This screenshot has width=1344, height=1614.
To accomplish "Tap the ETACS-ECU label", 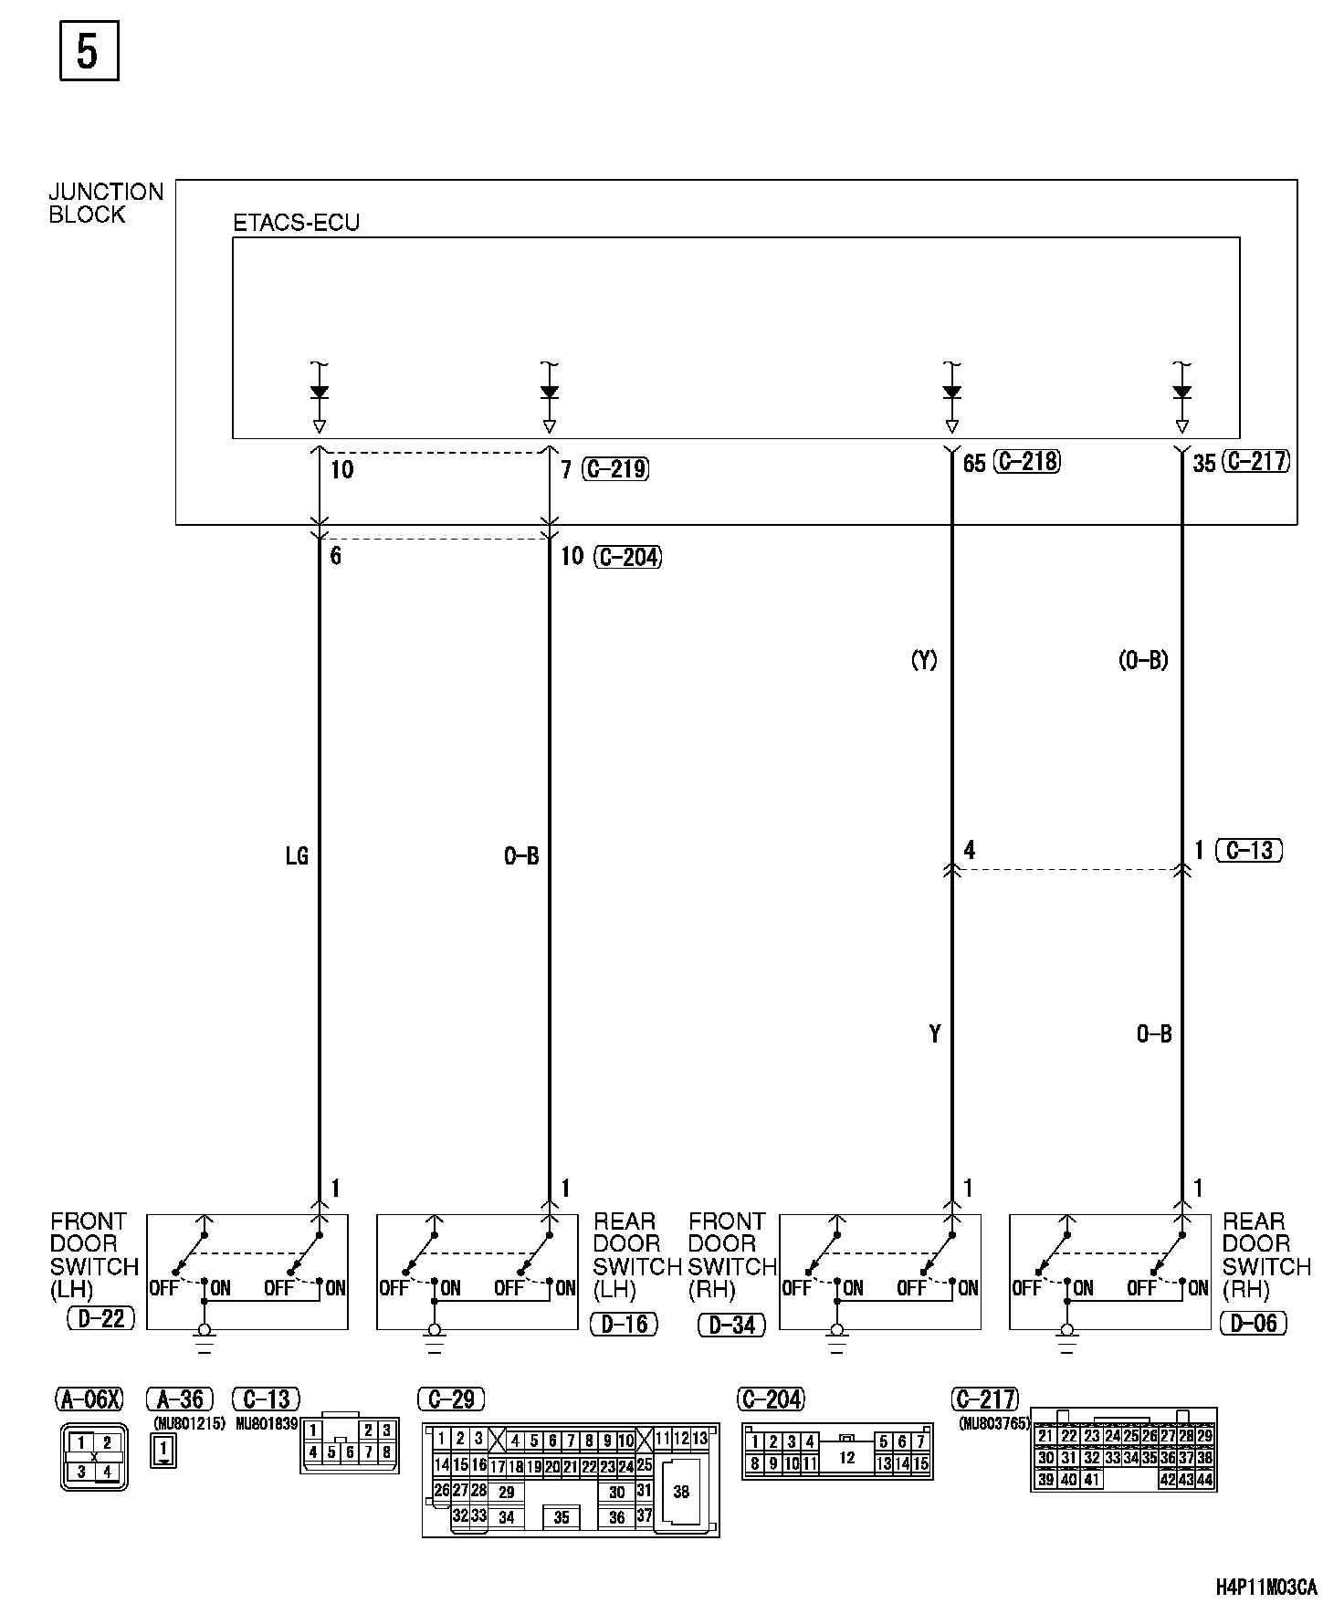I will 297,223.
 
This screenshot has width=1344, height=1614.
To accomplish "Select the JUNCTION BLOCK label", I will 106,203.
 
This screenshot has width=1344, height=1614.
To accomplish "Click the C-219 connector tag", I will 615,469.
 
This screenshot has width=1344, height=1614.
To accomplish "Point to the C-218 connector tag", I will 1029,462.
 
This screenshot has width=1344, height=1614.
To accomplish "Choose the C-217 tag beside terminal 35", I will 1257,462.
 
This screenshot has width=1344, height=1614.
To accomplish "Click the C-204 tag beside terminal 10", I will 628,556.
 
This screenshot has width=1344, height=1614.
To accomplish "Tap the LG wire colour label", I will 297,855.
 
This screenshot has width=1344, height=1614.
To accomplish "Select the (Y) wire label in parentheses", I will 924,660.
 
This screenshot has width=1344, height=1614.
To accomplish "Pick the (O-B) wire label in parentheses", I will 1143,660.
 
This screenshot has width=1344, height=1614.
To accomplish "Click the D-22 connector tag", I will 100,1317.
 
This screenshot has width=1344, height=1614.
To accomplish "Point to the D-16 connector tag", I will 625,1323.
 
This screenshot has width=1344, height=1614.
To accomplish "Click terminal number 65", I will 974,464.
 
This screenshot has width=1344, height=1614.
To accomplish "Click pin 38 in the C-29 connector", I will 681,1492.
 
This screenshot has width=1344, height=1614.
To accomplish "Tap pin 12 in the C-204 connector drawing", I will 846,1458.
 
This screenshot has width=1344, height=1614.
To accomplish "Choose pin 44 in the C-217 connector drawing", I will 1204,1480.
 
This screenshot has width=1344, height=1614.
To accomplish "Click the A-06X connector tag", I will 89,1399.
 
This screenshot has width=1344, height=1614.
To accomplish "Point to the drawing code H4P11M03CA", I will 1266,1588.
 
